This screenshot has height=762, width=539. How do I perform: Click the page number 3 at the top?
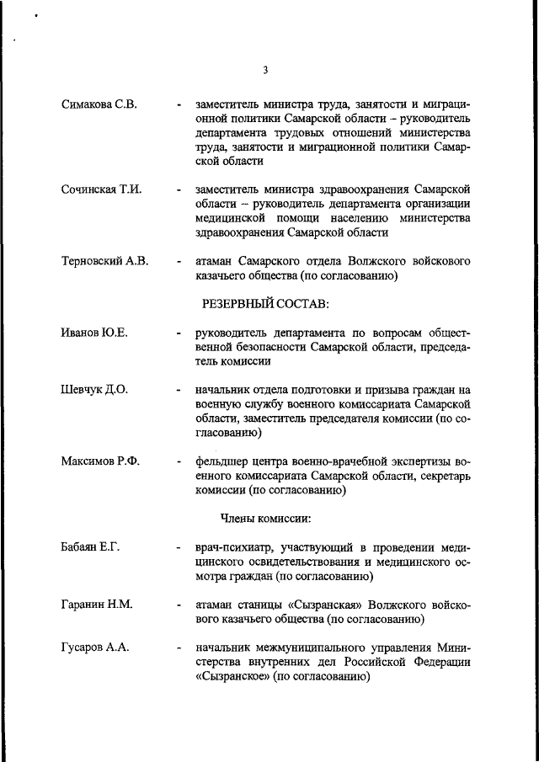point(265,70)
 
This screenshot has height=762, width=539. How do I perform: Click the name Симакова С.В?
point(99,104)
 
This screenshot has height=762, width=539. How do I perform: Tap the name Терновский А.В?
point(104,261)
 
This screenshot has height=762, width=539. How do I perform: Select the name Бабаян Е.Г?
point(91,548)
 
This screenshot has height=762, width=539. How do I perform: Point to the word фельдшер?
point(223,462)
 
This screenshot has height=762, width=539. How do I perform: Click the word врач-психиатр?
point(237,548)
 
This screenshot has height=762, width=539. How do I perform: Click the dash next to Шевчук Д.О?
point(179,391)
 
